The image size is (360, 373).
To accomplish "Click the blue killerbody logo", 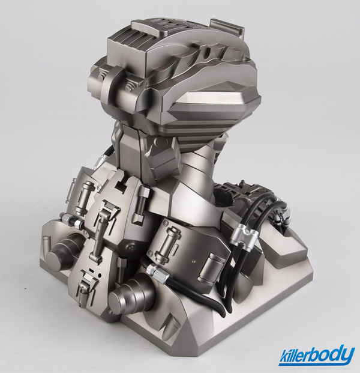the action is click(x=317, y=356).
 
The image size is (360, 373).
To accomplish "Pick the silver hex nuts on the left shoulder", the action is click(x=71, y=220).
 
